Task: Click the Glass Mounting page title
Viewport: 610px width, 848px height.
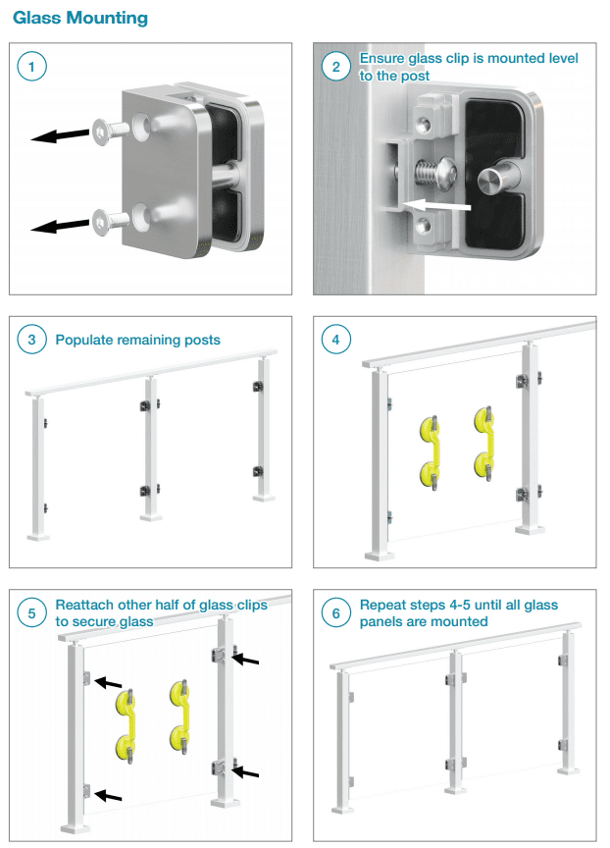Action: coord(80,18)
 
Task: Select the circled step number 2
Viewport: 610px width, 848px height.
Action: coord(336,67)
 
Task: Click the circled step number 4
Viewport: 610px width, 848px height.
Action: coord(336,341)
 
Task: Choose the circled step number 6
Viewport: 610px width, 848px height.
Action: coord(336,613)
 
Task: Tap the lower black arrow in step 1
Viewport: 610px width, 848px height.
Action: coord(58,227)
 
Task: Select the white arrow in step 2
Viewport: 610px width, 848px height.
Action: coord(437,206)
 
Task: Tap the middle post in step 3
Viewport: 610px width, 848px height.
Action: coord(150,447)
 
